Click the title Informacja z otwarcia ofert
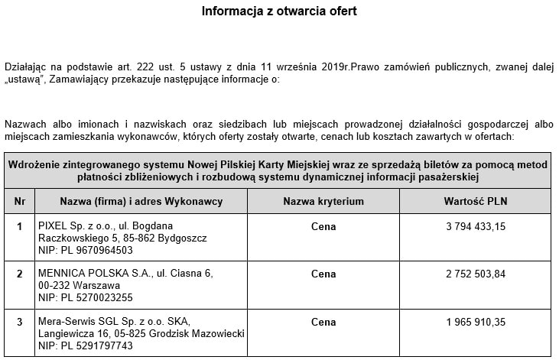click(279, 11)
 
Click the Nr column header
click(19, 201)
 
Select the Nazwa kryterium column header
click(323, 201)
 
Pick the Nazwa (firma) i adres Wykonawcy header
click(141, 201)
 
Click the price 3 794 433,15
click(475, 226)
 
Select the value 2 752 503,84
click(475, 274)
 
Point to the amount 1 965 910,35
click(475, 322)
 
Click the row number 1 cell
click(19, 226)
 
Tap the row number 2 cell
click(19, 274)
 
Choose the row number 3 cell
click(19, 322)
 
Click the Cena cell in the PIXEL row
click(323, 226)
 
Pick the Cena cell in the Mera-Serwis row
click(323, 322)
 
